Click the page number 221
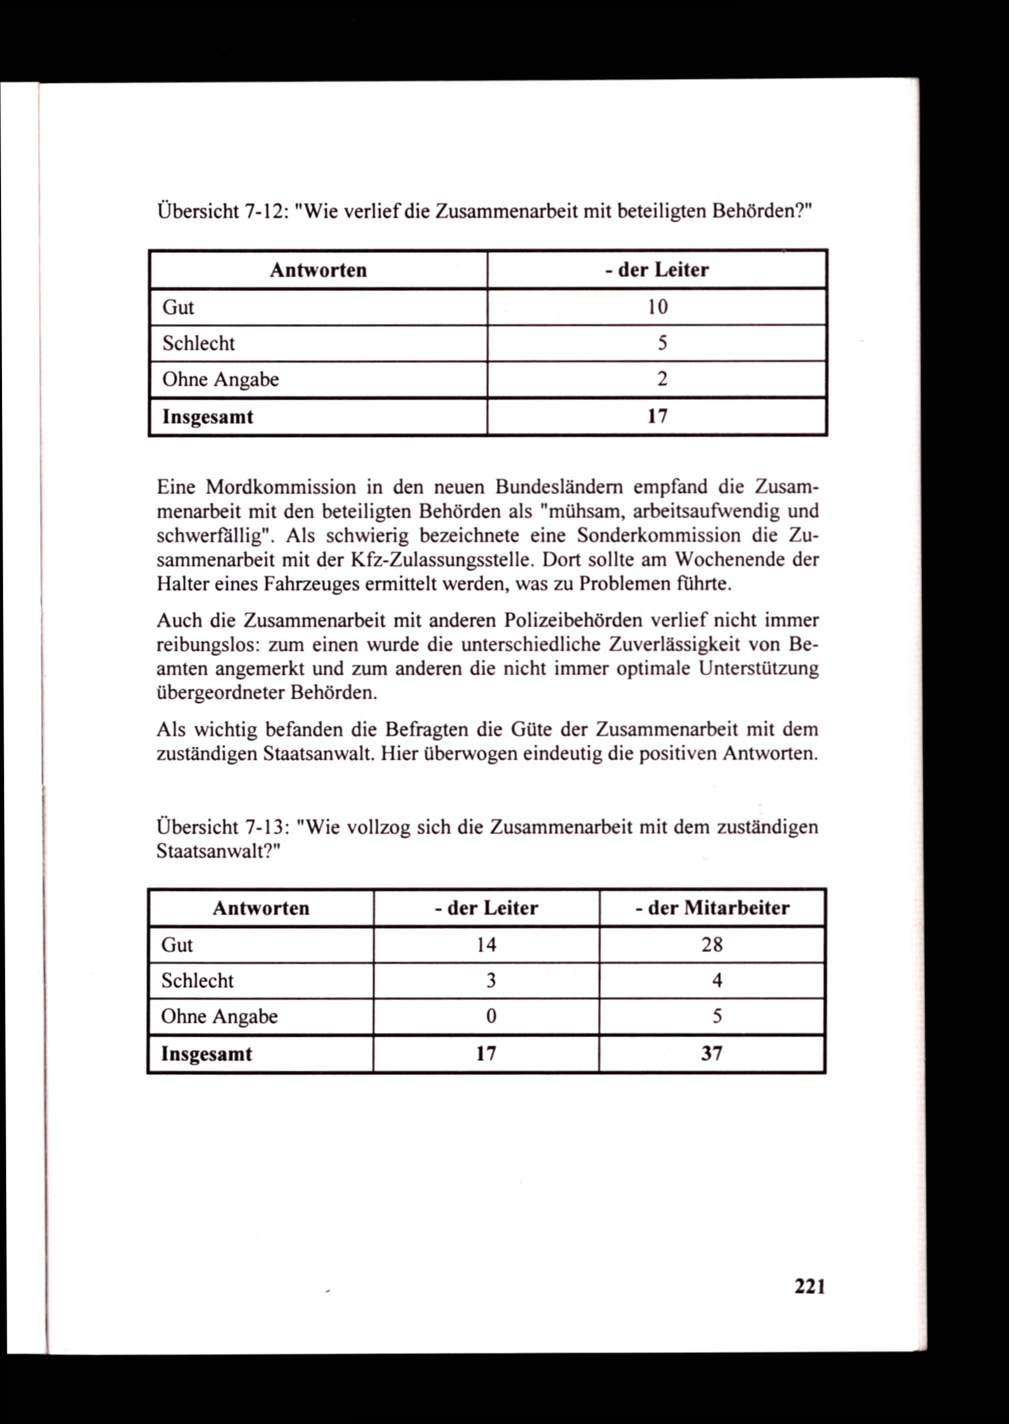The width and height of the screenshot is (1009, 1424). click(810, 1285)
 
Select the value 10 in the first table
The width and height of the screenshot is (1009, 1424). click(657, 307)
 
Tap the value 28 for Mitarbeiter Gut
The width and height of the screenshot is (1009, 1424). click(712, 944)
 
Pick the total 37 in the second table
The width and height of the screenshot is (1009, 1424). click(712, 1054)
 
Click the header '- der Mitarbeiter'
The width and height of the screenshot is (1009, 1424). click(712, 908)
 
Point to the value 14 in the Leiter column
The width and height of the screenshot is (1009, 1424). click(486, 944)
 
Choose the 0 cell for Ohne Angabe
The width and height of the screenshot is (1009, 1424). click(491, 1016)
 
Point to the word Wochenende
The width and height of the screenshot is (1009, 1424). click(727, 560)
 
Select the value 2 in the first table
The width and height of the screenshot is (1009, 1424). click(662, 379)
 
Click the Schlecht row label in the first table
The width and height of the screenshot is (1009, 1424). click(199, 343)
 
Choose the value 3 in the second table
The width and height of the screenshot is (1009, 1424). click(491, 981)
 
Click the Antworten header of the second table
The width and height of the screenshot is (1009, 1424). click(261, 908)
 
